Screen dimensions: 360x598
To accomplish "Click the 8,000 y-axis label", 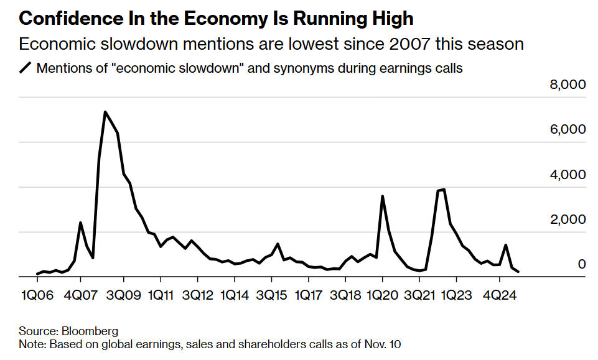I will (568, 85).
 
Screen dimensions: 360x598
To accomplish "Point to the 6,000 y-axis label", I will (568, 129).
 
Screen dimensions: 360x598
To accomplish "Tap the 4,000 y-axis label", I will (568, 174).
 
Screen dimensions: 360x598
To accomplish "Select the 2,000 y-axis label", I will (568, 219).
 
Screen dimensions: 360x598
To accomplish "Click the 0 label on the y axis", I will (582, 264).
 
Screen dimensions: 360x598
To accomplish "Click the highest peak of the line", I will (105, 112).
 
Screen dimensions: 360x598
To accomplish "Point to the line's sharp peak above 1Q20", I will (382, 196).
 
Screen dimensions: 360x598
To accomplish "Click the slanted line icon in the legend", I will (26, 68).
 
